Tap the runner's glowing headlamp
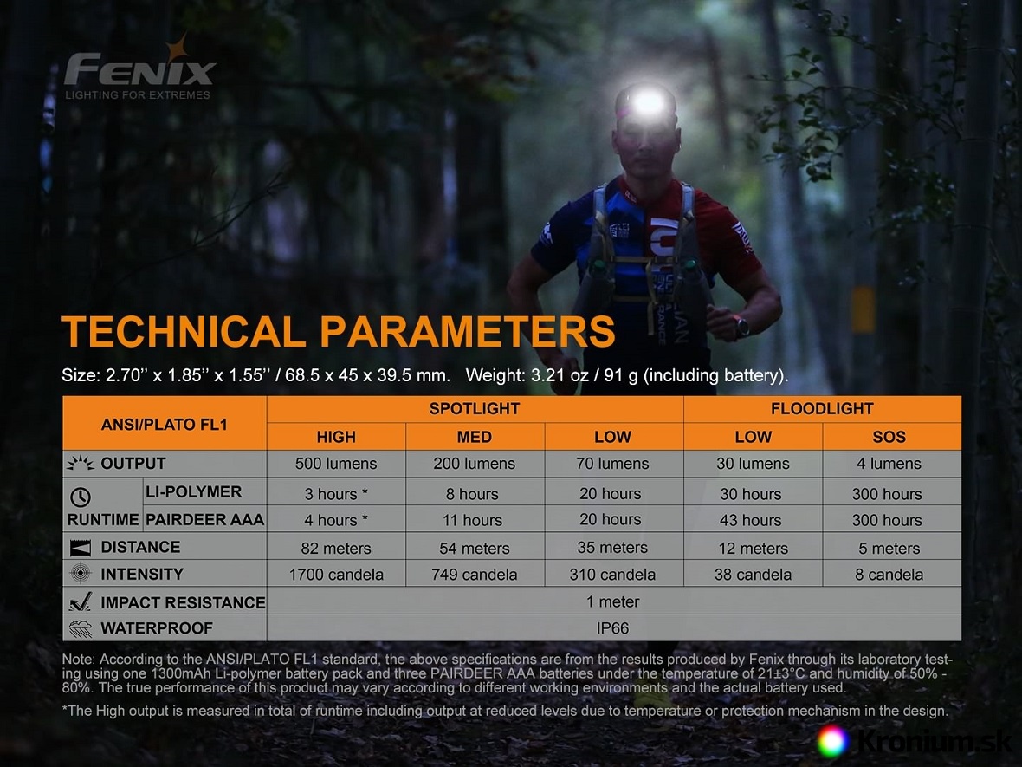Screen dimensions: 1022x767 click(x=648, y=101)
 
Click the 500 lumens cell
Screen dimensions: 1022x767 click(x=336, y=464)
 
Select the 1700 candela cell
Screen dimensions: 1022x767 click(x=336, y=575)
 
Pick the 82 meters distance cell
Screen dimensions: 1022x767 click(x=336, y=548)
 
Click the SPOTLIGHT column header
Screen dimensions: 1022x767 click(x=475, y=409)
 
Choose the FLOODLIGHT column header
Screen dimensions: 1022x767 click(x=822, y=409)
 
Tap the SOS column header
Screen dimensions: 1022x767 click(x=889, y=437)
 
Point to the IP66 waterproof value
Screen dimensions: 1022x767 click(x=612, y=628)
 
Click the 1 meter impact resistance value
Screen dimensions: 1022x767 click(x=612, y=601)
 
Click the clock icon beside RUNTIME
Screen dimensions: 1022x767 click(x=81, y=497)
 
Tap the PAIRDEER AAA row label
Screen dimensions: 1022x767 click(x=204, y=520)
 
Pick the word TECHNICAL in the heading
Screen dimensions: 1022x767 click(x=184, y=331)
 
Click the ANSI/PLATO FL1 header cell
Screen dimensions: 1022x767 click(x=165, y=425)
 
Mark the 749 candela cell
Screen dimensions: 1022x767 click(x=474, y=575)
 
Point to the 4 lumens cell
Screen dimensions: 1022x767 click(x=889, y=464)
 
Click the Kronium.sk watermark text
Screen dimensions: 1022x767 click(x=934, y=742)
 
